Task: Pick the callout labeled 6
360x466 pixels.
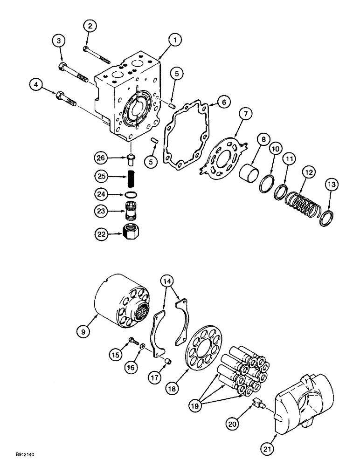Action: pos(223,102)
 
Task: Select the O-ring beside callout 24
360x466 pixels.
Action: pos(131,194)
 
